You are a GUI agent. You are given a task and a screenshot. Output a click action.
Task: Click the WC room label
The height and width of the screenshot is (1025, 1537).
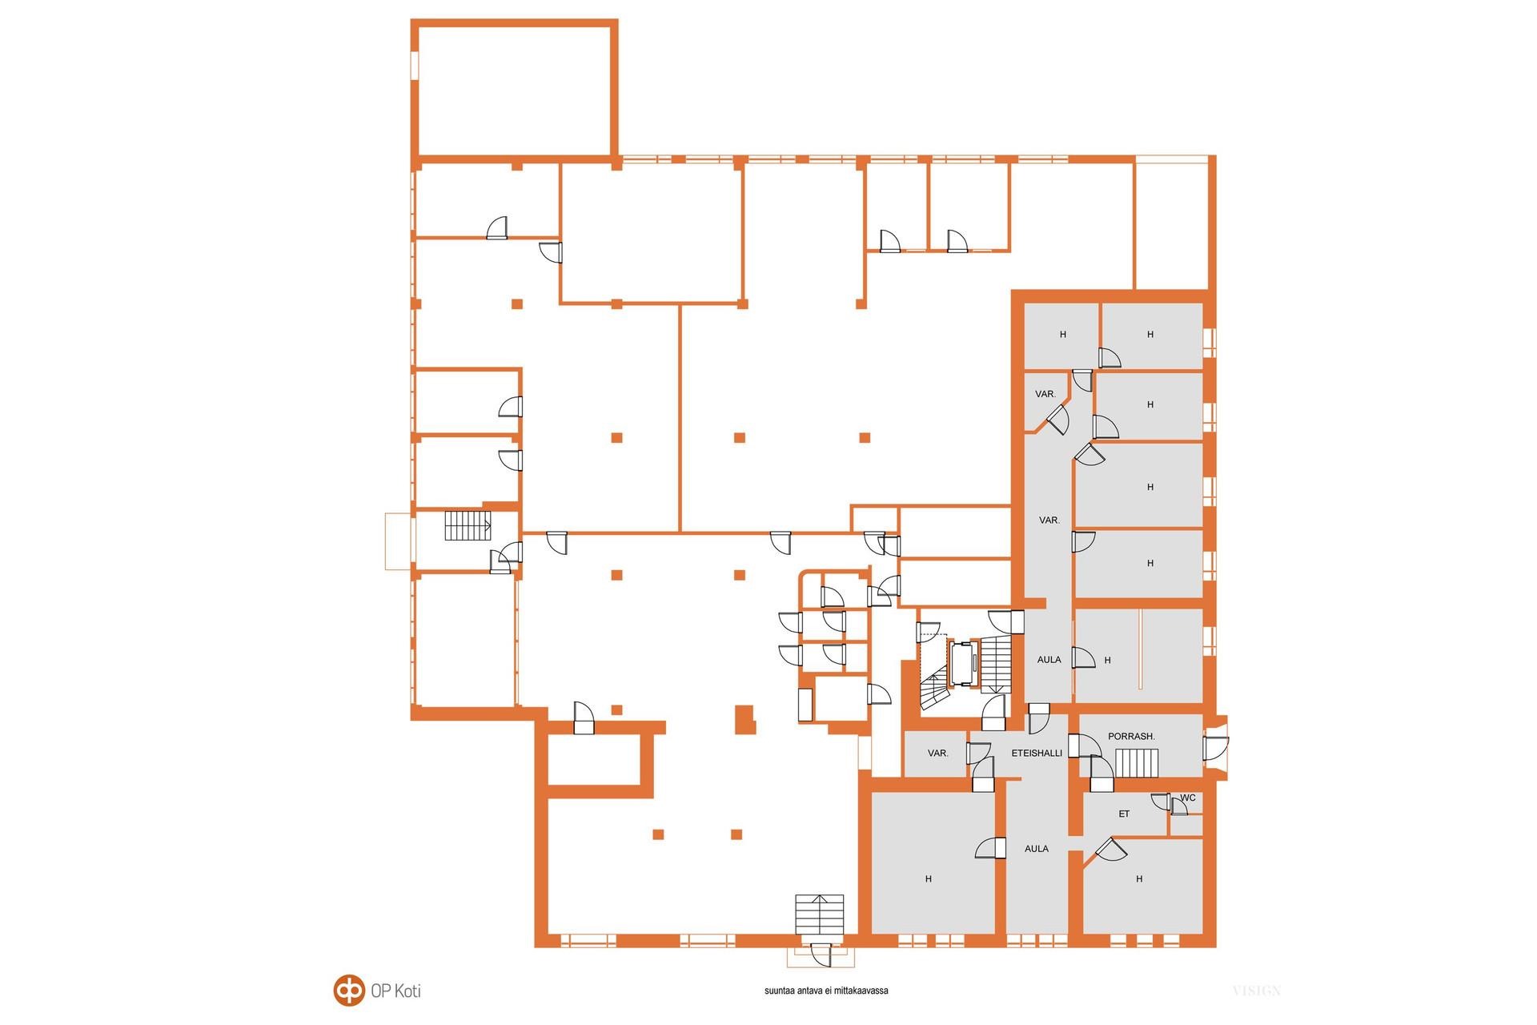click(1188, 798)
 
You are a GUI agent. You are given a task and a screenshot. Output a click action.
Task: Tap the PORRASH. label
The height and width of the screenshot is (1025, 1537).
click(1131, 736)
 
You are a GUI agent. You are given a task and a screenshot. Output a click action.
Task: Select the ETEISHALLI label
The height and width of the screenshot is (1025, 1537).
click(1037, 753)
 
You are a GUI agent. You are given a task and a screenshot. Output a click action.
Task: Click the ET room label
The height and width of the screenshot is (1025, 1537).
click(1124, 814)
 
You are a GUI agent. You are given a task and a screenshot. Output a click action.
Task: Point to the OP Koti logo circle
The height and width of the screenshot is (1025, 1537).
click(348, 991)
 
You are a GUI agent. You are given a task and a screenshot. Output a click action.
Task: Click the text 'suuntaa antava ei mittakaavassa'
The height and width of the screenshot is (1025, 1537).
click(826, 991)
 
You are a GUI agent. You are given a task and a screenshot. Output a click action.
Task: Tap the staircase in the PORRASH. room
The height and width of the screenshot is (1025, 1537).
click(1137, 763)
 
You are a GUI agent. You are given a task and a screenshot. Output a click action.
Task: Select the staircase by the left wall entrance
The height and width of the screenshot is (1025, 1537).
click(468, 525)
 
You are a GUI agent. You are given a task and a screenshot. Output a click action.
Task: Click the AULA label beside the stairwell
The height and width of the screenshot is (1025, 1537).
click(1049, 660)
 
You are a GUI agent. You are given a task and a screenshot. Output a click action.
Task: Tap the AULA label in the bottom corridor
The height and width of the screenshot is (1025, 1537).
click(1037, 849)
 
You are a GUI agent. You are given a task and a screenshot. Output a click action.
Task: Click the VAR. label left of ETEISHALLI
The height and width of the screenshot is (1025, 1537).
click(938, 754)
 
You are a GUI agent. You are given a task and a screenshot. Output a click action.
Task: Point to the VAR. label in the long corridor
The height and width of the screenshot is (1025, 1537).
click(1049, 521)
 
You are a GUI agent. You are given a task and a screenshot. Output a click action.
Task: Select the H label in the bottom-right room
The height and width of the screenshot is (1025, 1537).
click(1139, 879)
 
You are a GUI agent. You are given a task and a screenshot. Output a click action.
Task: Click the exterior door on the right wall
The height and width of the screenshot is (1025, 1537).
click(1215, 746)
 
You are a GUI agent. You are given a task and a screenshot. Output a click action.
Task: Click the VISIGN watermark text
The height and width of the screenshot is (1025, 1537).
click(1257, 991)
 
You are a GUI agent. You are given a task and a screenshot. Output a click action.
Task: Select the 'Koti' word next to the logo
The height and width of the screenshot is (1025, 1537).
click(407, 991)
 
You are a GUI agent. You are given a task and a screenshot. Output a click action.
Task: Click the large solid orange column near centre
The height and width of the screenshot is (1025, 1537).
click(745, 719)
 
